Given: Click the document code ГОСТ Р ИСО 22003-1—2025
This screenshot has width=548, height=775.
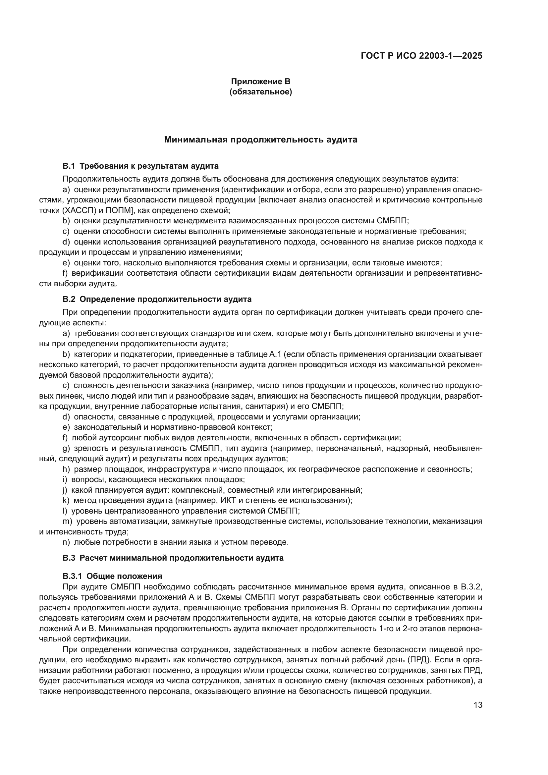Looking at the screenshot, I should click(x=421, y=56).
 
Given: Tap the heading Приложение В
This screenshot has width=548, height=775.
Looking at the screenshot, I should click(x=260, y=82).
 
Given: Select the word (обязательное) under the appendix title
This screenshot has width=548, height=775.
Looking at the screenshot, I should click(x=260, y=92).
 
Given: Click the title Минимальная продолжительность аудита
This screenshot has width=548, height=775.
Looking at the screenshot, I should click(x=260, y=140).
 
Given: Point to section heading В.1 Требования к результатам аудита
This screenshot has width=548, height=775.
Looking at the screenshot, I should click(x=140, y=166).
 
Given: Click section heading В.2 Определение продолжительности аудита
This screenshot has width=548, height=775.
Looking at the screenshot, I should click(x=157, y=300).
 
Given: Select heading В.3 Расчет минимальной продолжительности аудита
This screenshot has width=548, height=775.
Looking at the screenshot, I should click(x=173, y=558).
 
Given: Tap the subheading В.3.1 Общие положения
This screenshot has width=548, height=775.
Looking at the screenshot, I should click(x=112, y=576).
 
